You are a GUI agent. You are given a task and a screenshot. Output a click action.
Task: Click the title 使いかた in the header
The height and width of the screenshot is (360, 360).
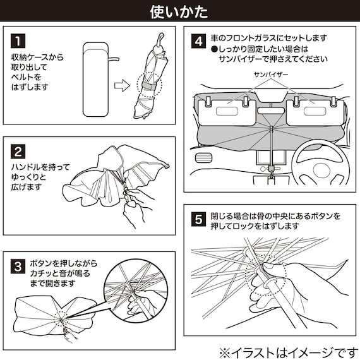pyautogui.click(x=179, y=12)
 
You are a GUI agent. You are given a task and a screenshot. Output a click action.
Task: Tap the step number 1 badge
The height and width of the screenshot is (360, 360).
pyautogui.click(x=18, y=41)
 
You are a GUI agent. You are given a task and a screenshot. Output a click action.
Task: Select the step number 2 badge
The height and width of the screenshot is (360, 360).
pyautogui.click(x=18, y=152)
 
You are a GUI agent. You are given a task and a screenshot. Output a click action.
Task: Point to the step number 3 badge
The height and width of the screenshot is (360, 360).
pyautogui.click(x=18, y=267)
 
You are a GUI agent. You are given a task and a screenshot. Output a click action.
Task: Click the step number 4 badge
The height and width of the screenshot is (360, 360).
pyautogui.click(x=198, y=41)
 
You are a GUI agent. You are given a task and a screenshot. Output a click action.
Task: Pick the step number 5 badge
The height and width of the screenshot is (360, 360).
pyautogui.click(x=198, y=220)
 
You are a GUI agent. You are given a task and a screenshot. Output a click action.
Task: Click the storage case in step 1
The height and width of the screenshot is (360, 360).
pyautogui.click(x=95, y=80)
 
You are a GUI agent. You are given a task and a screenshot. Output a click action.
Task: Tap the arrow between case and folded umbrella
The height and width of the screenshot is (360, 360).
pyautogui.click(x=123, y=86)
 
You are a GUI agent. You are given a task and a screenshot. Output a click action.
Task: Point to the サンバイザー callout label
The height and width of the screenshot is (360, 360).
pyautogui.click(x=271, y=75)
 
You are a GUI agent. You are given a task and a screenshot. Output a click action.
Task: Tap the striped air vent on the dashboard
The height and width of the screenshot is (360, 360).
pyautogui.click(x=203, y=158)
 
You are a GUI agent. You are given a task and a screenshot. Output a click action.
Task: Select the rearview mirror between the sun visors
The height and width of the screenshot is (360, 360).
pyautogui.click(x=271, y=111)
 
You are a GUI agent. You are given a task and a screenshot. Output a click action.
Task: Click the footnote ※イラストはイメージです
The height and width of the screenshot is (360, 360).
pyautogui.click(x=289, y=352)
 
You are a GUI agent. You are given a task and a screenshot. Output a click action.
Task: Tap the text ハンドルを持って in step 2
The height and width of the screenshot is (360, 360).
pyautogui.click(x=40, y=167)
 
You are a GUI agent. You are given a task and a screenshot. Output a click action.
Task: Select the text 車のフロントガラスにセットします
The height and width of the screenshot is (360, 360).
pyautogui.click(x=269, y=38)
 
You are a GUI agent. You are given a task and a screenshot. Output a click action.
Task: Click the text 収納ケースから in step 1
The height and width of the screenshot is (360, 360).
pyautogui.click(x=37, y=57)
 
